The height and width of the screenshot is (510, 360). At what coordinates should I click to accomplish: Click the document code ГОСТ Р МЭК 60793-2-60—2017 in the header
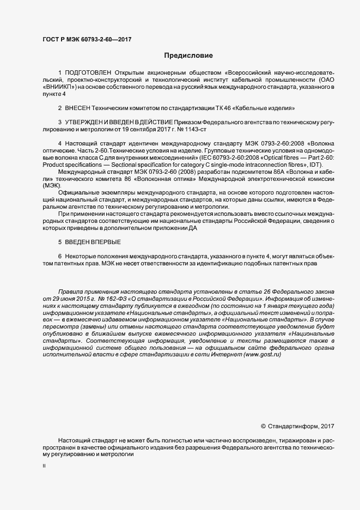pos(87,39)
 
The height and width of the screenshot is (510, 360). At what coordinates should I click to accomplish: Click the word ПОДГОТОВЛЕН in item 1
pos(88,72)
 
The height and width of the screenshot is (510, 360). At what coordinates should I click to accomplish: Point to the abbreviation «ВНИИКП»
pos(60,87)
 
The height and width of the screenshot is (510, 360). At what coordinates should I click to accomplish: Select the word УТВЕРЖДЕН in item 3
pos(87,122)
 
